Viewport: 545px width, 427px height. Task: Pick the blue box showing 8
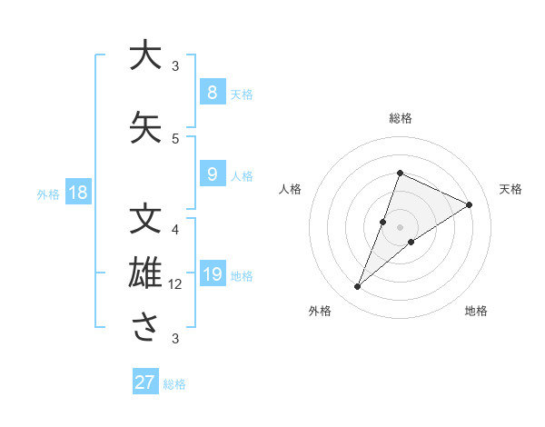212,92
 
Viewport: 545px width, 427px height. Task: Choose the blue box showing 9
212,174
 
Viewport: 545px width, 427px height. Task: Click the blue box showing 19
212,274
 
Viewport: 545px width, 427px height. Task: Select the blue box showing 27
145,382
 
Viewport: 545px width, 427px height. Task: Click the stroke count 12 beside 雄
175,284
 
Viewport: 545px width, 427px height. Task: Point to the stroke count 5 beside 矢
175,138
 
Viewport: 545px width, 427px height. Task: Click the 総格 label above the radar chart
400,118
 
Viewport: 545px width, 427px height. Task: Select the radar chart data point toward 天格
469,204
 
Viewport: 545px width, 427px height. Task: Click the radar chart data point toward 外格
358,287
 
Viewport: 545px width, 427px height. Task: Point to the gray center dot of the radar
400,226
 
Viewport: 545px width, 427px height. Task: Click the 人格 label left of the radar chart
291,189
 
